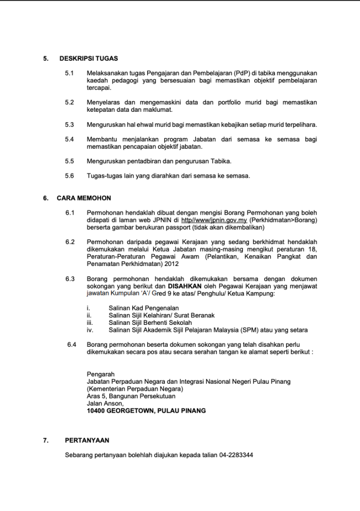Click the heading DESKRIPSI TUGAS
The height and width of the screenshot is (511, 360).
pos(88,58)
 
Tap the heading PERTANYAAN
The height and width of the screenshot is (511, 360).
pos(87,440)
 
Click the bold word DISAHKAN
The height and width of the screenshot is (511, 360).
pos(185,286)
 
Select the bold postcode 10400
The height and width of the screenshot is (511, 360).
pos(96,411)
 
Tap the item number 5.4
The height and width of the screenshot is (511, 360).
pos(69,139)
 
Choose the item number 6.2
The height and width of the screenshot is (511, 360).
pos(70,242)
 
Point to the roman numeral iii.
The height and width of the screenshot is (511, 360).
pos(90,322)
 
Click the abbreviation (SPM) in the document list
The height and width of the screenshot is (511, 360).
pos(242,330)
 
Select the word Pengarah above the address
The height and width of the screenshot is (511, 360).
pos(101,374)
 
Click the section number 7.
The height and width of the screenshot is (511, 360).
pos(45,440)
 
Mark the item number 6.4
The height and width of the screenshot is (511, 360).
pos(72,344)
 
